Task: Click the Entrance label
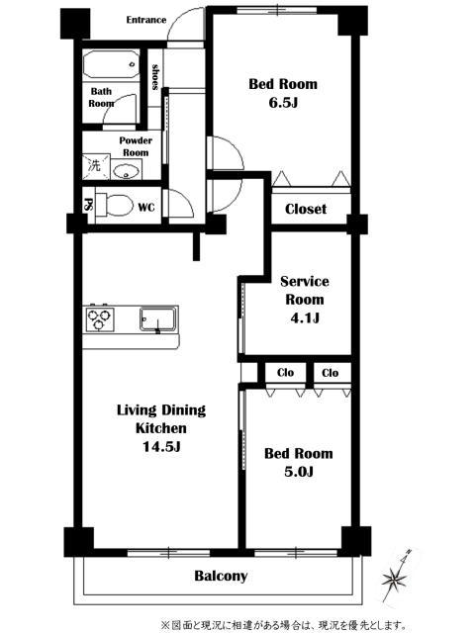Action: [x=145, y=20]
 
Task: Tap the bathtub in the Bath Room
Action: [x=111, y=64]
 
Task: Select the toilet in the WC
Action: [x=115, y=205]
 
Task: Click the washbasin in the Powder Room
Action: [x=127, y=170]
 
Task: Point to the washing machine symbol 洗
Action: [x=96, y=166]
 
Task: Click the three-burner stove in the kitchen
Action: [x=99, y=318]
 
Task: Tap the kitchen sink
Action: [x=158, y=319]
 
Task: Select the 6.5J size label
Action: [x=283, y=103]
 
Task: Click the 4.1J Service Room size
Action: [x=305, y=318]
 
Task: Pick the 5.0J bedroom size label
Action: [x=299, y=471]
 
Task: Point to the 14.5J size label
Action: [x=161, y=446]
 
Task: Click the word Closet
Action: [x=306, y=209]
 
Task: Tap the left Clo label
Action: [x=285, y=372]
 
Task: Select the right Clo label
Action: [x=330, y=373]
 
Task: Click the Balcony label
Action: [x=221, y=576]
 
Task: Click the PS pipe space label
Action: [x=87, y=205]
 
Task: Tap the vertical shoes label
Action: [x=154, y=77]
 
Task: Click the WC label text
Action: [x=146, y=208]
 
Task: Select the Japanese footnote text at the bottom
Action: [x=284, y=625]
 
